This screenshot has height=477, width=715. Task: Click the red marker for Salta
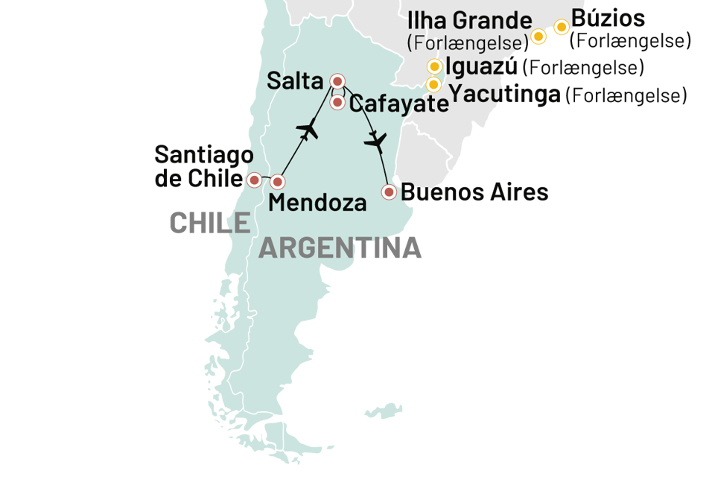[337, 81]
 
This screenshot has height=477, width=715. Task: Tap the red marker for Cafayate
[337, 102]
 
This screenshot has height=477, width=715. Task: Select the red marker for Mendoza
[277, 181]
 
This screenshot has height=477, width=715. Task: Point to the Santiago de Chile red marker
[254, 180]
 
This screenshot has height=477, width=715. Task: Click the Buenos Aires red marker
[388, 192]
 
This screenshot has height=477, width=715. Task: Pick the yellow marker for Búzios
[562, 28]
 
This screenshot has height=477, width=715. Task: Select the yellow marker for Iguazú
[434, 66]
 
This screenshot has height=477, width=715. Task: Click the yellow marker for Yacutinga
[433, 84]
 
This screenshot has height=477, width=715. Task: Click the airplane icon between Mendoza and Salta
[307, 130]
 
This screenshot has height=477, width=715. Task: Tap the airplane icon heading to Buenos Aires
[375, 139]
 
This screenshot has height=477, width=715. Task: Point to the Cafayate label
[398, 104]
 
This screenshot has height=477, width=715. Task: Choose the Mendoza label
[318, 203]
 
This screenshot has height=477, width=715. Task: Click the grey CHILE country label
[209, 222]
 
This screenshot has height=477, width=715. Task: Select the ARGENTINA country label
[340, 248]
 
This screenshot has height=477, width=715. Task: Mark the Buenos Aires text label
[475, 193]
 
